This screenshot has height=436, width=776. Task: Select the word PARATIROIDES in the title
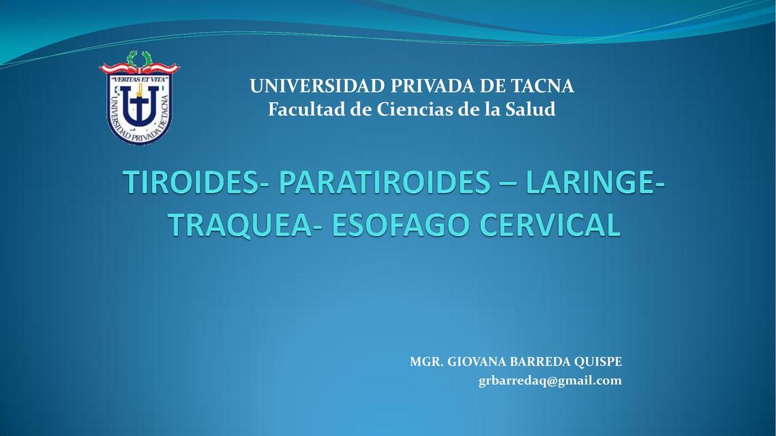[x=385, y=183]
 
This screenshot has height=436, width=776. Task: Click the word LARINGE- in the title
[x=595, y=183]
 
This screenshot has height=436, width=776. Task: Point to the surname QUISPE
[x=600, y=362]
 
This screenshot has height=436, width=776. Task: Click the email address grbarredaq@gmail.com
[x=550, y=381]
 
